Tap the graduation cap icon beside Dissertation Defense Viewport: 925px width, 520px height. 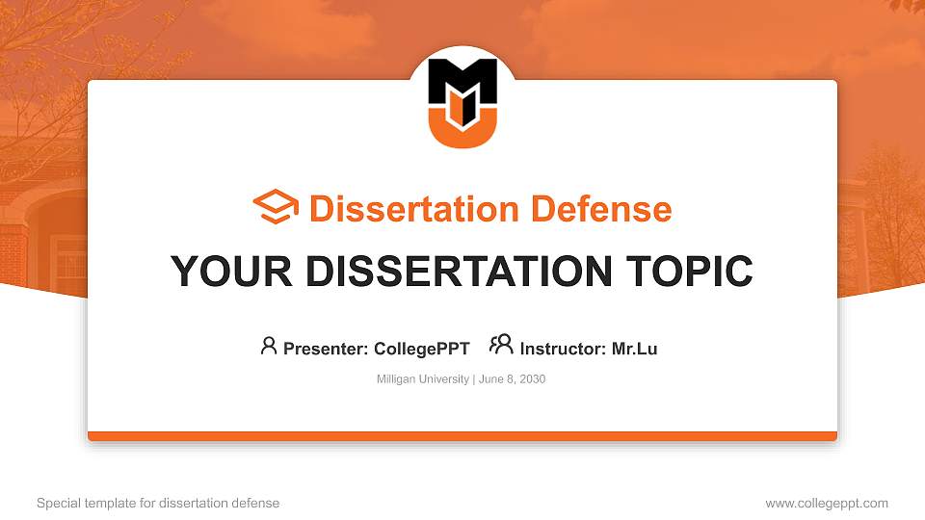tap(276, 208)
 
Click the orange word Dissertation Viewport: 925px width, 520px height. tap(401, 209)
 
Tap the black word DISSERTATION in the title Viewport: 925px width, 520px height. tap(454, 272)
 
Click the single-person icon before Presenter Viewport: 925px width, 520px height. tap(269, 346)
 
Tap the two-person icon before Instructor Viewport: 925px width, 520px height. tap(501, 345)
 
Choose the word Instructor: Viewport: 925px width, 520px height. tap(563, 349)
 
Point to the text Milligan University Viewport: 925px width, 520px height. tap(422, 379)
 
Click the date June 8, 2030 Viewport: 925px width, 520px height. tap(512, 379)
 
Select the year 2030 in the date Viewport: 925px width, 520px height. tap(532, 379)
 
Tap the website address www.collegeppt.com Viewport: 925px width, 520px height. tap(827, 503)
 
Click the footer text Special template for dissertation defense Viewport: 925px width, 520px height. tap(158, 503)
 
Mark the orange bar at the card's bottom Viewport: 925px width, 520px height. tap(462, 436)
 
